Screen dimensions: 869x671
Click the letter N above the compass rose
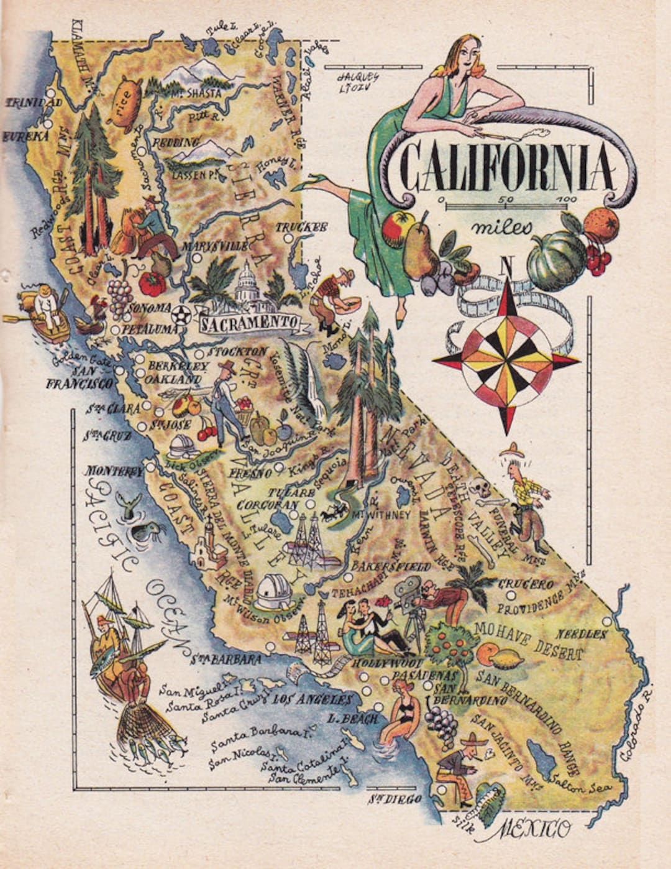(508, 267)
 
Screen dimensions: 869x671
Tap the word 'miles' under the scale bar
(501, 228)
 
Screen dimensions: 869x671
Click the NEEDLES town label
(581, 634)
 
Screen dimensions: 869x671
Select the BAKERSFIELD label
(391, 566)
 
